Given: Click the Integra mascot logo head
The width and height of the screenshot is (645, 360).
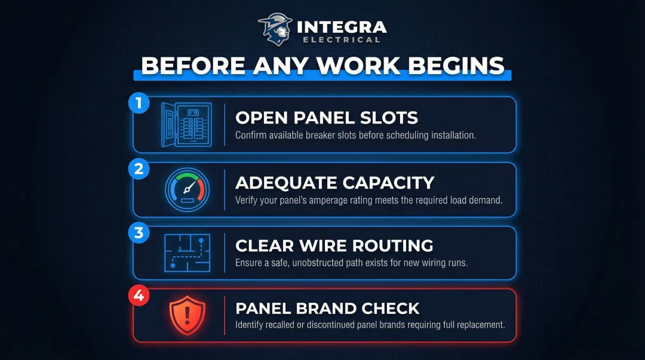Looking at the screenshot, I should point(275,29).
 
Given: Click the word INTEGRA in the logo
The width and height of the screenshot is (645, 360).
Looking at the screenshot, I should point(341,27).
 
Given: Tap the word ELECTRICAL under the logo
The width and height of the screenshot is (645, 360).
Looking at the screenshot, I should point(341,40).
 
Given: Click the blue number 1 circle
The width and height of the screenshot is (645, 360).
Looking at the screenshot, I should point(139,103).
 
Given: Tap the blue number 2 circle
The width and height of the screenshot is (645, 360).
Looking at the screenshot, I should point(139,168).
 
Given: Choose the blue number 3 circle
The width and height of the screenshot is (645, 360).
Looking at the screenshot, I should point(139,232).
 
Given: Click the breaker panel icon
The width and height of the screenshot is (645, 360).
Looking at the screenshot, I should point(186,125).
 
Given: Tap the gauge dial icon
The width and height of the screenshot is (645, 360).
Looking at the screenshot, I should point(186,189).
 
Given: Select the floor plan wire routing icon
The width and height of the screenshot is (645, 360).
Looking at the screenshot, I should point(186,253).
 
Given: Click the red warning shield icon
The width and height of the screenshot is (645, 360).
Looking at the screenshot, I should point(187,316).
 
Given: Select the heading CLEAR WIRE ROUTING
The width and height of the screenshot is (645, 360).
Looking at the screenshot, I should point(334,245).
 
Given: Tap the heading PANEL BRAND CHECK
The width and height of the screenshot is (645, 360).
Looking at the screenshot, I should point(327,309).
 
